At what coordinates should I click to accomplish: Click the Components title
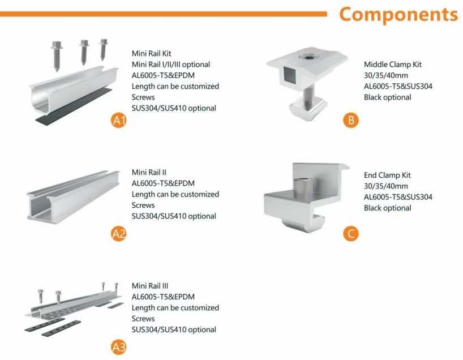[x=398, y=14]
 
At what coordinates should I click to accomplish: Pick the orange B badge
[x=351, y=119]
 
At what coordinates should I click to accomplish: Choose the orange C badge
[x=351, y=233]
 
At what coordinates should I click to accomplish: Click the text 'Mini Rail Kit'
[x=152, y=54]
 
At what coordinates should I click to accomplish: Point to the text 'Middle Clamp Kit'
[x=392, y=65]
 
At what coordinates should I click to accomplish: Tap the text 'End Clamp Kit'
[x=387, y=175]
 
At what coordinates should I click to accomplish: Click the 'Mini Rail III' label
[x=150, y=286]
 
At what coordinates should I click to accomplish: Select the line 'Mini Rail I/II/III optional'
[x=171, y=65]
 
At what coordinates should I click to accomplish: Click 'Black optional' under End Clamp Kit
[x=387, y=208]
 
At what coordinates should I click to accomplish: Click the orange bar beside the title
[x=164, y=14]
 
